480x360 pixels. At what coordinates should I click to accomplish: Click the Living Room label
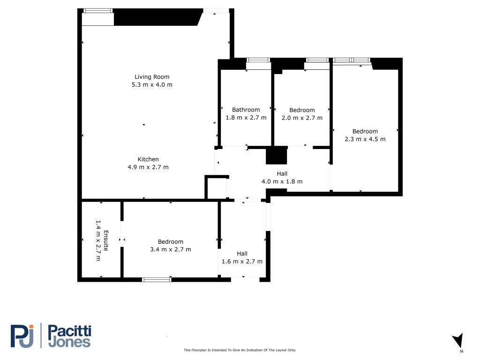pyautogui.click(x=152, y=77)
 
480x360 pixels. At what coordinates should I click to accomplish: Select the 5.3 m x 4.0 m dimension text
pyautogui.click(x=152, y=85)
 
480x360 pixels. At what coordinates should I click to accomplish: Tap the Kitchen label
pyautogui.click(x=148, y=159)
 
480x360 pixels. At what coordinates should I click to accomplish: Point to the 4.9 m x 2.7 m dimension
pyautogui.click(x=148, y=167)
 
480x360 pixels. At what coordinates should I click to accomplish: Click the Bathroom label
pyautogui.click(x=246, y=110)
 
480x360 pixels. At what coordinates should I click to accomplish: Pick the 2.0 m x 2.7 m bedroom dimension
pyautogui.click(x=302, y=118)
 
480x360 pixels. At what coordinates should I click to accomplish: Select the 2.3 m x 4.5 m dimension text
pyautogui.click(x=365, y=139)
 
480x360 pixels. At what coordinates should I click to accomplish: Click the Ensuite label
pyautogui.click(x=106, y=240)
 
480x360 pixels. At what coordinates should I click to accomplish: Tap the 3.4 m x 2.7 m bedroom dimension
pyautogui.click(x=171, y=249)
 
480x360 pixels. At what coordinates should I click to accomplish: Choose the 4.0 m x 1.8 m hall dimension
pyautogui.click(x=282, y=181)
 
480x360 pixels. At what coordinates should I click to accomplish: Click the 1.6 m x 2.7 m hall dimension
pyautogui.click(x=242, y=262)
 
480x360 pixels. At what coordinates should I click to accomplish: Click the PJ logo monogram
pyautogui.click(x=22, y=336)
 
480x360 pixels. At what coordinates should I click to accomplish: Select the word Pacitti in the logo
pyautogui.click(x=70, y=331)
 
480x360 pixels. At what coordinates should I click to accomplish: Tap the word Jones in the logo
pyautogui.click(x=70, y=342)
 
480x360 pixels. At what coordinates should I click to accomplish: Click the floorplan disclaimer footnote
pyautogui.click(x=240, y=350)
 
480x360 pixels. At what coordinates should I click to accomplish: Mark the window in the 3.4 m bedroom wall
pyautogui.click(x=157, y=279)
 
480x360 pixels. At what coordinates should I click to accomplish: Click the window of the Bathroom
pyautogui.click(x=258, y=60)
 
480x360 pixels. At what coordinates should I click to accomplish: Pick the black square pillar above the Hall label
pyautogui.click(x=277, y=156)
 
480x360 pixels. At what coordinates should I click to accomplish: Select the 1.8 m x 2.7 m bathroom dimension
pyautogui.click(x=246, y=118)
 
